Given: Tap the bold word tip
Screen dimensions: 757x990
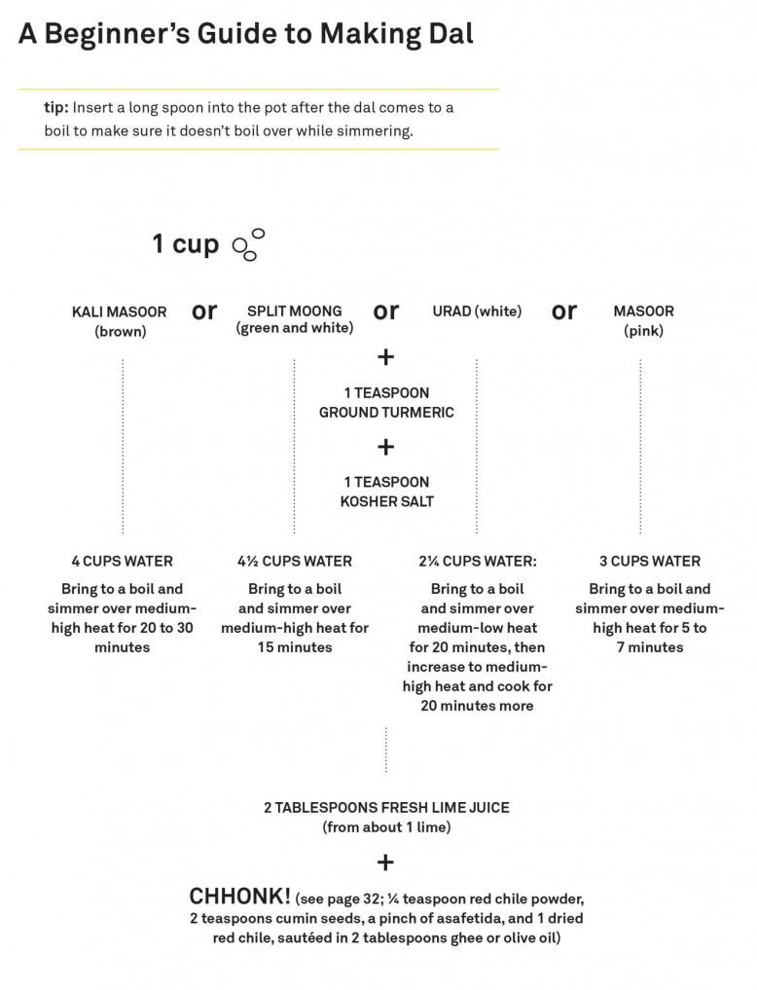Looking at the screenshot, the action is click(x=55, y=107).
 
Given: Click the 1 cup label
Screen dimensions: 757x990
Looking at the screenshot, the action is click(x=186, y=244).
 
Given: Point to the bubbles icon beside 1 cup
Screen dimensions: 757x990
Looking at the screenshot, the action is click(x=248, y=244).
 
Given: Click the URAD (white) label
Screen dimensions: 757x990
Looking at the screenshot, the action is click(x=477, y=312).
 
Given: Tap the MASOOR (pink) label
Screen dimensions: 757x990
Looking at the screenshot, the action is click(x=643, y=320).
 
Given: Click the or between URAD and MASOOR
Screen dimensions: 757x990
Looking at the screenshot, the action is click(x=564, y=312).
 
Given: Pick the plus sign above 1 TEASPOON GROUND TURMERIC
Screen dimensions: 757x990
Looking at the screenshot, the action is click(x=385, y=356).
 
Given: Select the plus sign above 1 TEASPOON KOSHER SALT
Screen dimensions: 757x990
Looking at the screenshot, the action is click(x=385, y=447).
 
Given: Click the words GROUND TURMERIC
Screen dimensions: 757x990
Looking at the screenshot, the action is click(x=386, y=413).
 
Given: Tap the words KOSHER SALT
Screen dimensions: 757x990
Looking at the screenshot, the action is click(x=386, y=501).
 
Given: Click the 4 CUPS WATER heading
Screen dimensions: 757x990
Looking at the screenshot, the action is click(x=122, y=562).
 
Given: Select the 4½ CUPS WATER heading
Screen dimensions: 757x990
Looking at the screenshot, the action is click(x=295, y=562).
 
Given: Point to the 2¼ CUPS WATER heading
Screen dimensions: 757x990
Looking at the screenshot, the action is click(x=478, y=562).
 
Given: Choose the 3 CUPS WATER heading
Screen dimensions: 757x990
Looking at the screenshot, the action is click(x=650, y=562).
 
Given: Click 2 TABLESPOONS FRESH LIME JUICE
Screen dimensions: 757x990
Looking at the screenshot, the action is click(x=386, y=808).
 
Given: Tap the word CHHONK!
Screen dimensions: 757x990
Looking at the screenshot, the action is click(x=239, y=897).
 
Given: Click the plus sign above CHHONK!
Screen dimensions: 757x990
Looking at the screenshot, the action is click(x=385, y=862).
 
